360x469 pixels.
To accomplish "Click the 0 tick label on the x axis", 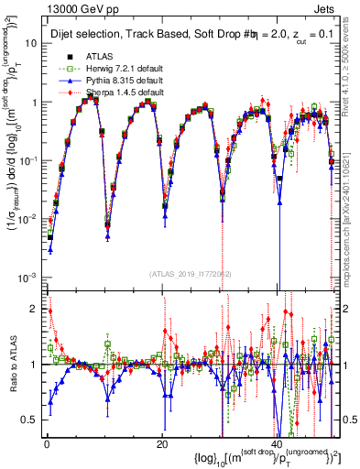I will tap(46, 443).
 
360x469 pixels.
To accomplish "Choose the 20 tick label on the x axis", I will tap(161, 443).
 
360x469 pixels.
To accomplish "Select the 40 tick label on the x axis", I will tap(277, 443).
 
